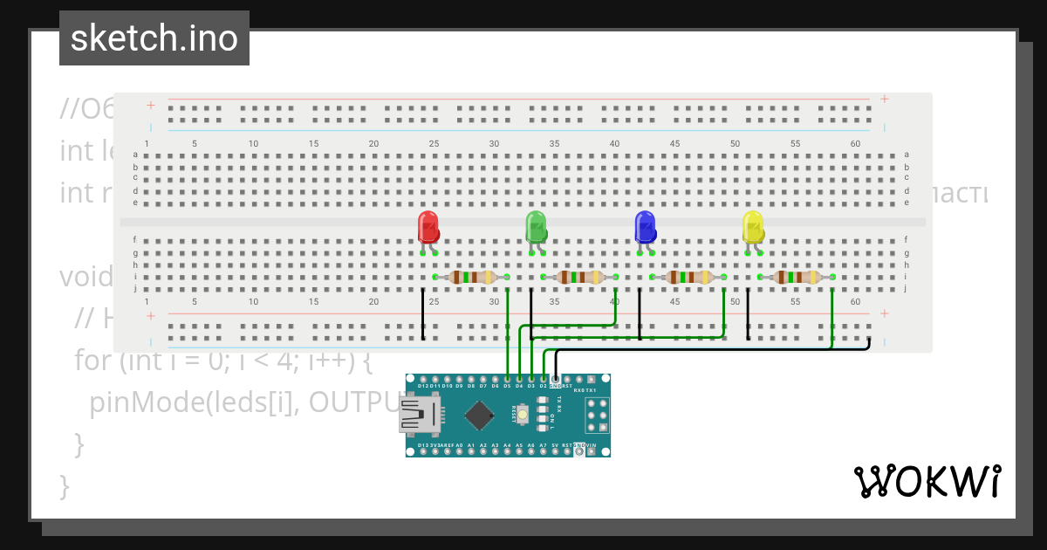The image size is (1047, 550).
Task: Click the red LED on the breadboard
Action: click(428, 227)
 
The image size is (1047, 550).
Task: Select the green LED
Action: click(536, 227)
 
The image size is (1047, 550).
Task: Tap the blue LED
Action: click(645, 227)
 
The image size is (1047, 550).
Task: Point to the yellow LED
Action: click(752, 227)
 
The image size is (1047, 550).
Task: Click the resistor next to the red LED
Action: click(471, 278)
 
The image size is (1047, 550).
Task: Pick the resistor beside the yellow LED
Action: click(797, 278)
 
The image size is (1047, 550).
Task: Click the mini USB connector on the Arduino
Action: click(420, 416)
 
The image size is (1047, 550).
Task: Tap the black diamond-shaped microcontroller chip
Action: click(477, 416)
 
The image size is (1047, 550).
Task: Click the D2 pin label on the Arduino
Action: click(543, 385)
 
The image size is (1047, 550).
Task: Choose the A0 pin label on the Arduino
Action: click(459, 445)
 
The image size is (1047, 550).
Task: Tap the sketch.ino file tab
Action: click(154, 38)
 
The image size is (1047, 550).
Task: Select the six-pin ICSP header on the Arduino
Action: click(597, 416)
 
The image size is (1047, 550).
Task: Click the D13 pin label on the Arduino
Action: click(423, 445)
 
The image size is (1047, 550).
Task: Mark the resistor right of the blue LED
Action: click(688, 278)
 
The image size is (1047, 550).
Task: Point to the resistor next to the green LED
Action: click(579, 278)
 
